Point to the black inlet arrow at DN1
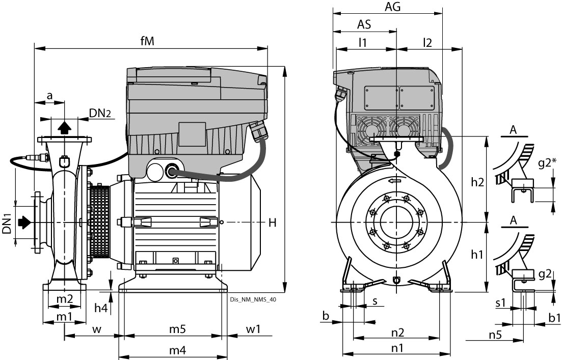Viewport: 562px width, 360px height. pyautogui.click(x=24, y=222)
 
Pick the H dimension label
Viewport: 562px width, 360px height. pyautogui.click(x=273, y=223)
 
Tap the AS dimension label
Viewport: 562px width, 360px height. pyautogui.click(x=364, y=24)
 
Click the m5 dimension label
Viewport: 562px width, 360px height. pyautogui.click(x=177, y=329)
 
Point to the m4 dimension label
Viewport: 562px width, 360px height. pyautogui.click(x=177, y=350)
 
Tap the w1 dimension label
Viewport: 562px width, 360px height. pyautogui.click(x=253, y=329)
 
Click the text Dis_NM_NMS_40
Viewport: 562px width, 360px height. pyautogui.click(x=253, y=300)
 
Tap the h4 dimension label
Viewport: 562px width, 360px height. pyautogui.click(x=101, y=308)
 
